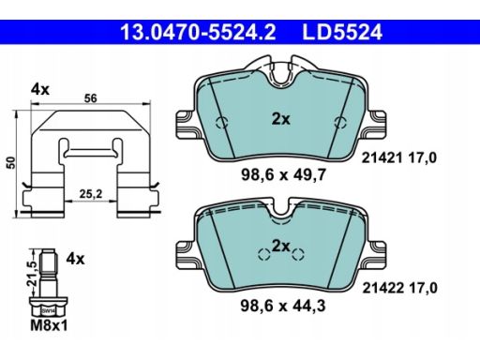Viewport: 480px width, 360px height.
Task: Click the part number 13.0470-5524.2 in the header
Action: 198,32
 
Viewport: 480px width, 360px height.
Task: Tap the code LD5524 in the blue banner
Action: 342,32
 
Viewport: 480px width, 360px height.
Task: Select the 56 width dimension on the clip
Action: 91,98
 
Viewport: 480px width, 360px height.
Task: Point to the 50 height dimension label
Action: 11,163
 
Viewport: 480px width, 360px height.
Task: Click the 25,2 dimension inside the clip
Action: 91,194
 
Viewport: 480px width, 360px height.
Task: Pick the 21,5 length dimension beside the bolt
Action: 32,273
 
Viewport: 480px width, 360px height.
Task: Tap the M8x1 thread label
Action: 49,326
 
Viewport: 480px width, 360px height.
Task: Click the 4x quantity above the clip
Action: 40,90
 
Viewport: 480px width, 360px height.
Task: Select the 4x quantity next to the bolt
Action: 75,259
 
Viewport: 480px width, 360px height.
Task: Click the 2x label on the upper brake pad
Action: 280,119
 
